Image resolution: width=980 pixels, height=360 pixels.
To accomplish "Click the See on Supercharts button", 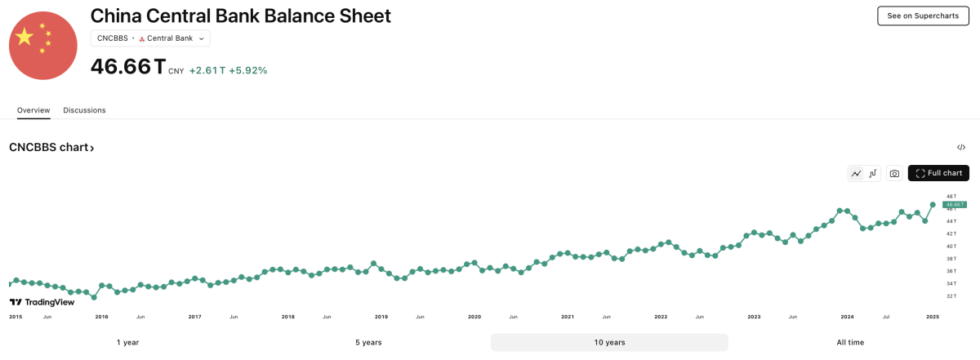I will [923, 16].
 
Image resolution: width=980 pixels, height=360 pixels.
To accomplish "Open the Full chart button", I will [938, 173].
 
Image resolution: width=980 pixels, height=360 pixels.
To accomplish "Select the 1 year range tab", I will [127, 342].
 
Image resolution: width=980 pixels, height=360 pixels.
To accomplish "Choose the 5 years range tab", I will [368, 342].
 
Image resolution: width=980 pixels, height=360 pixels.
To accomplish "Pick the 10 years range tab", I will [609, 342].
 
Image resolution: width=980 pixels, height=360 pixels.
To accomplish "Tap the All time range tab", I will [850, 342].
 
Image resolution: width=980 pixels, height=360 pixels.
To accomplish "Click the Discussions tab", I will [84, 110].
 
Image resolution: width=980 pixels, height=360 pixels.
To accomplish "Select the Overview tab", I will [33, 110].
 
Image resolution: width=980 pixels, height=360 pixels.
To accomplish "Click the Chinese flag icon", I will [42, 47].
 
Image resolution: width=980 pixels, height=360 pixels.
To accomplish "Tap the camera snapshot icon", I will [894, 173].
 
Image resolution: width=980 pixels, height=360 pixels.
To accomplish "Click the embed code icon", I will [961, 148].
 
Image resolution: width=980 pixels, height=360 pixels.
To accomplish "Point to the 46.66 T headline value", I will [127, 67].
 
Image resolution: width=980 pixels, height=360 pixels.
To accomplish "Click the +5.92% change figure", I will [248, 70].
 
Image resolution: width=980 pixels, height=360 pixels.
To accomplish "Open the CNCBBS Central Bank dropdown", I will [150, 38].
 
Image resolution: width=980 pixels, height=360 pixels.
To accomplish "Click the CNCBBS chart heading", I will [51, 148].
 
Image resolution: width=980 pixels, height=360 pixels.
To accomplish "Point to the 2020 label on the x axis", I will [474, 316].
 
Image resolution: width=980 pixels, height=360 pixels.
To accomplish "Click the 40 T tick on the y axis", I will [951, 246].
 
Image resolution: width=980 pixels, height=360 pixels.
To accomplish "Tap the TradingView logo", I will [42, 302].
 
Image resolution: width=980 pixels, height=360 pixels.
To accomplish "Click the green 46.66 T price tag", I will [955, 204].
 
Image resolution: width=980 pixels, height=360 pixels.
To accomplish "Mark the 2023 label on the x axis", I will [754, 316].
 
